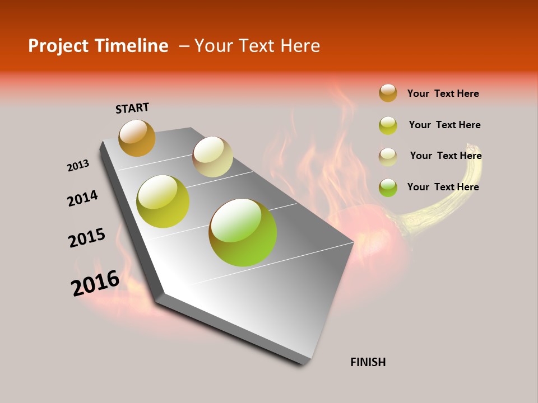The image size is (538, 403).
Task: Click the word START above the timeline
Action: pyautogui.click(x=132, y=108)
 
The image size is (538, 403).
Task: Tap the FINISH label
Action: pyautogui.click(x=368, y=362)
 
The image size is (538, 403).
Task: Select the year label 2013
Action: pyautogui.click(x=78, y=166)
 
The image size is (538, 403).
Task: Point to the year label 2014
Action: pyautogui.click(x=83, y=198)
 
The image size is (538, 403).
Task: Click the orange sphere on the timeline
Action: pyautogui.click(x=137, y=138)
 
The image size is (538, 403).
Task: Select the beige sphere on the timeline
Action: pyautogui.click(x=212, y=157)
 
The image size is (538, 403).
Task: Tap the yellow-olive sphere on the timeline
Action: pyautogui.click(x=163, y=201)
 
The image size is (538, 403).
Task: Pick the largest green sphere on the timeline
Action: pyautogui.click(x=243, y=232)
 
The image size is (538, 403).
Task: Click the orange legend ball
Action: pyautogui.click(x=388, y=93)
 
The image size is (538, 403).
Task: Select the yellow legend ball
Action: pyautogui.click(x=388, y=125)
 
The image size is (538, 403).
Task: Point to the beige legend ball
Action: pyautogui.click(x=388, y=157)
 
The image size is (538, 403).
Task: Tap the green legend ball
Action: pyautogui.click(x=388, y=187)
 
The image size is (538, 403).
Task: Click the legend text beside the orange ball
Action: pyautogui.click(x=443, y=93)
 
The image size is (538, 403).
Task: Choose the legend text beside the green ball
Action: pyautogui.click(x=443, y=187)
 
